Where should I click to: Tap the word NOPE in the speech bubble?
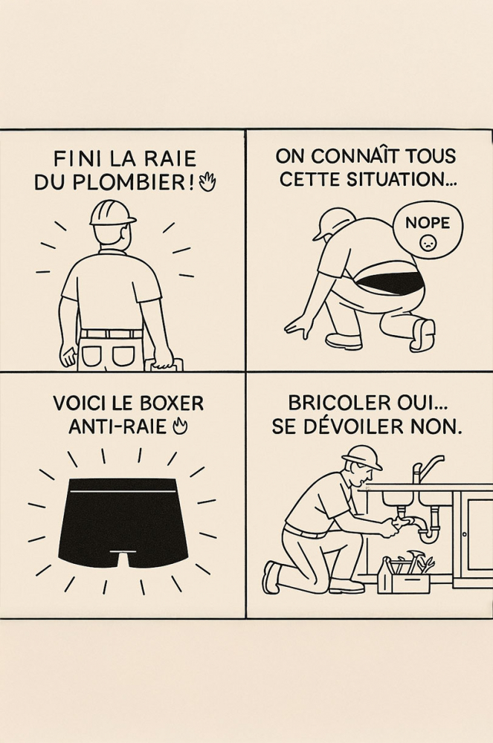(427, 223)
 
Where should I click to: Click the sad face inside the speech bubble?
(428, 244)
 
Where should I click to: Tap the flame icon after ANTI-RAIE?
(181, 427)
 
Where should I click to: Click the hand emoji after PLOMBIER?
(207, 183)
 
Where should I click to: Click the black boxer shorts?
(123, 517)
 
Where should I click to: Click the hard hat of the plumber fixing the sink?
(363, 457)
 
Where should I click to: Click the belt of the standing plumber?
(111, 334)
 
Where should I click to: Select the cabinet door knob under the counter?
(464, 534)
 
